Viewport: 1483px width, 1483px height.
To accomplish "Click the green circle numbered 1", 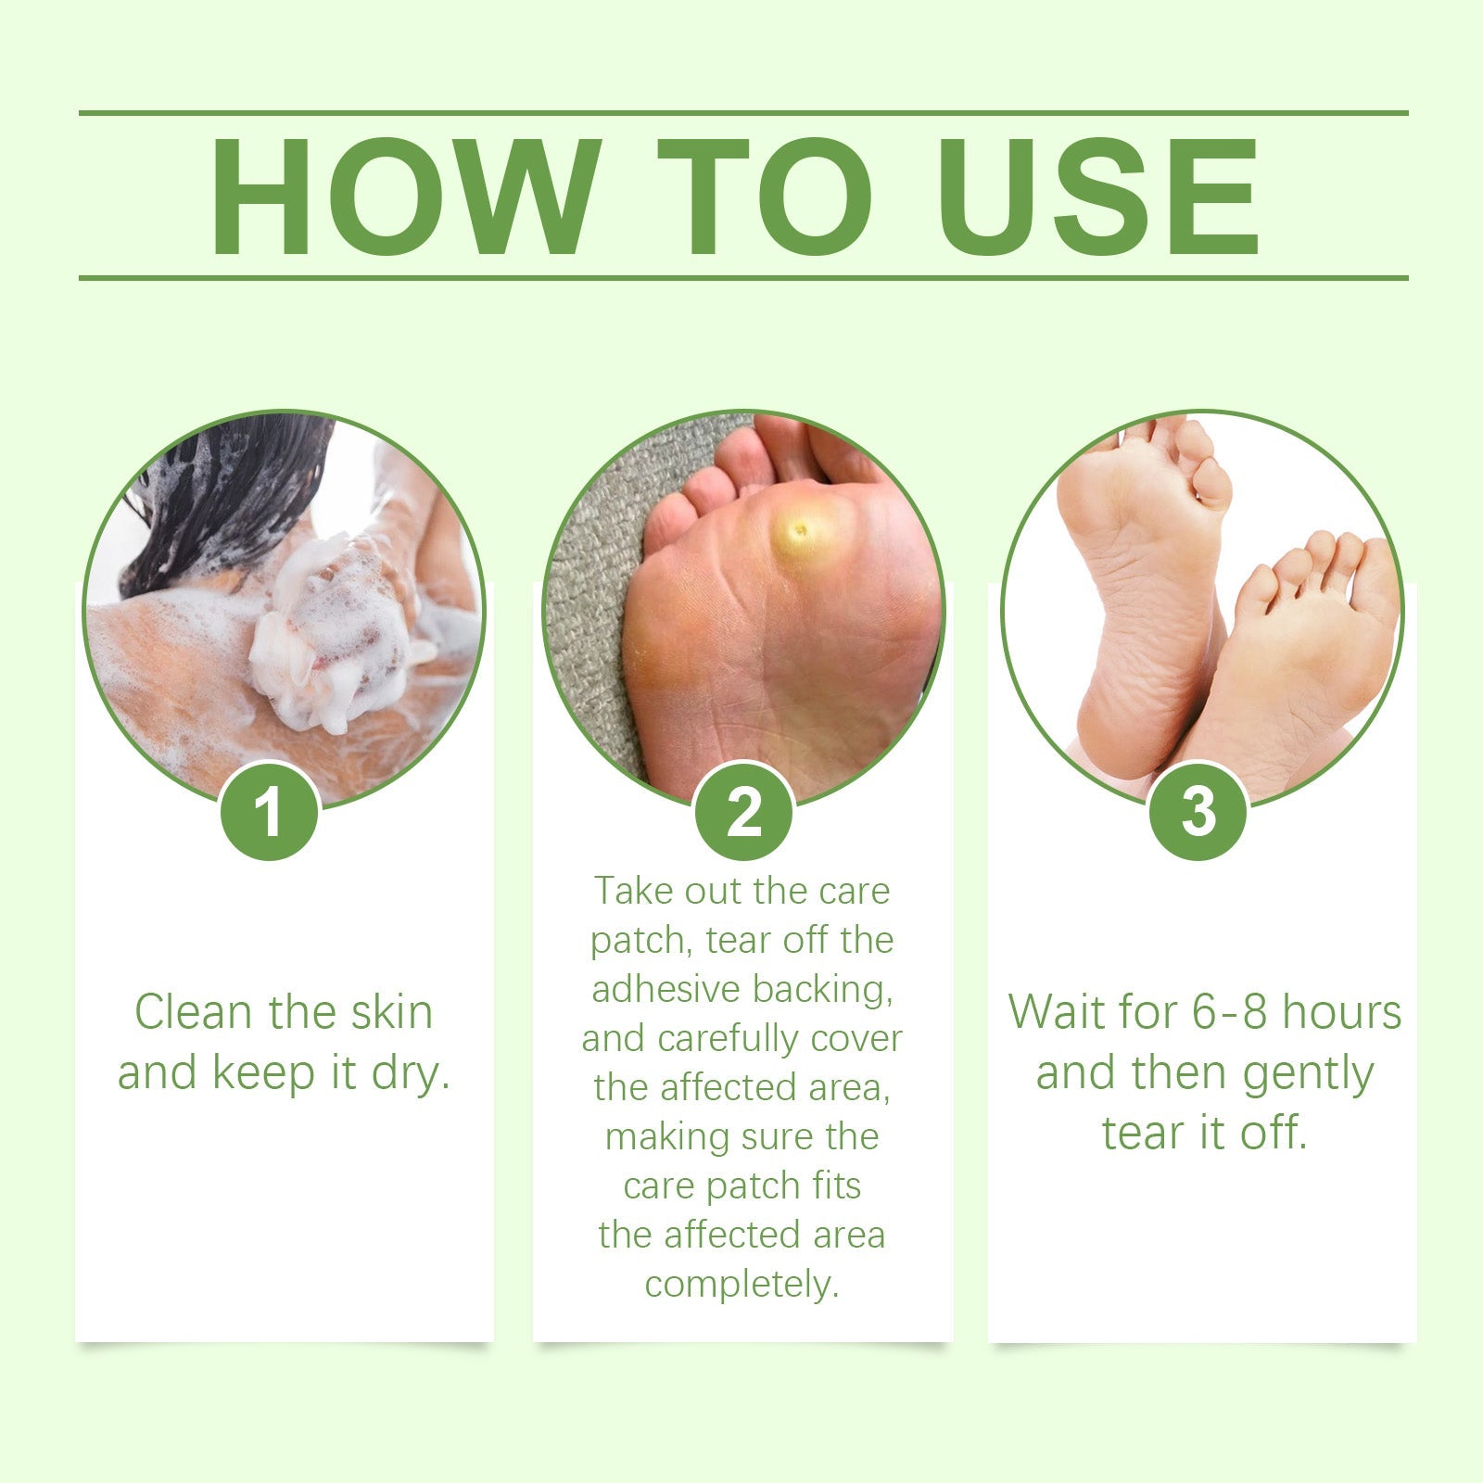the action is [x=270, y=812].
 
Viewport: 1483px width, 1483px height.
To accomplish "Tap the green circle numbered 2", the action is [x=744, y=812].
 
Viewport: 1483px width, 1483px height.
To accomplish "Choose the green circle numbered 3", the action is [x=1198, y=812].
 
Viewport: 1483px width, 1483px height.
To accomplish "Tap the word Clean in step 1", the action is [x=196, y=1012].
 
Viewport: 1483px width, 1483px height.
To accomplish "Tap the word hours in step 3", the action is [x=1342, y=1012].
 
